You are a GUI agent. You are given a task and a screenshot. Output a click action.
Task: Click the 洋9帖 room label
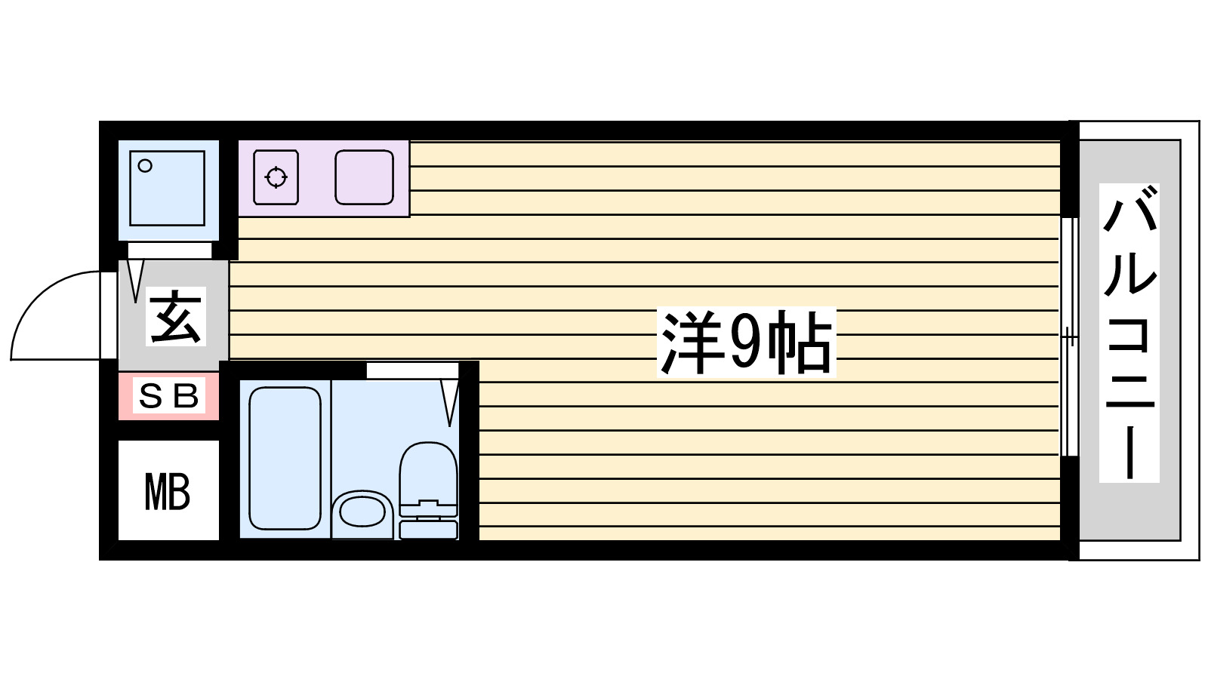pos(746,342)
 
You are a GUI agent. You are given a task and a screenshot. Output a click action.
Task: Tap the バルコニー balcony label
pos(1129,333)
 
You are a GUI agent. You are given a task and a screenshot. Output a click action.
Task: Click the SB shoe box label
pos(168,395)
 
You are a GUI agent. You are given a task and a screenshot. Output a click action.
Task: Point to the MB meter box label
pos(168,493)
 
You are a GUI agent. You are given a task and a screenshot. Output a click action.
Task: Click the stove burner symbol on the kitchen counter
pos(276,178)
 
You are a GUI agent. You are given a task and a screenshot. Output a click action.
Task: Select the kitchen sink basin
pos(364,177)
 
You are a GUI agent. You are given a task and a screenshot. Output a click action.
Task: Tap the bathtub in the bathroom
pos(285,458)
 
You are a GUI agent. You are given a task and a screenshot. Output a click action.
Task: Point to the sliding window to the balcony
pos(1069,336)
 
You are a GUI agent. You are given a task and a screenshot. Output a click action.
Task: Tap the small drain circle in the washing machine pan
pos(146,166)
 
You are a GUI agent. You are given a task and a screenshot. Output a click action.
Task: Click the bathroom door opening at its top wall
pos(412,370)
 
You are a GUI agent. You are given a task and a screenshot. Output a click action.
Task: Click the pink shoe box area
pos(168,396)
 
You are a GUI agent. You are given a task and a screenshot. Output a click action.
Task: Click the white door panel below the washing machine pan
pos(169,250)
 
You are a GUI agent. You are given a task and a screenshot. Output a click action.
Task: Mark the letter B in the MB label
pos(179,493)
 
